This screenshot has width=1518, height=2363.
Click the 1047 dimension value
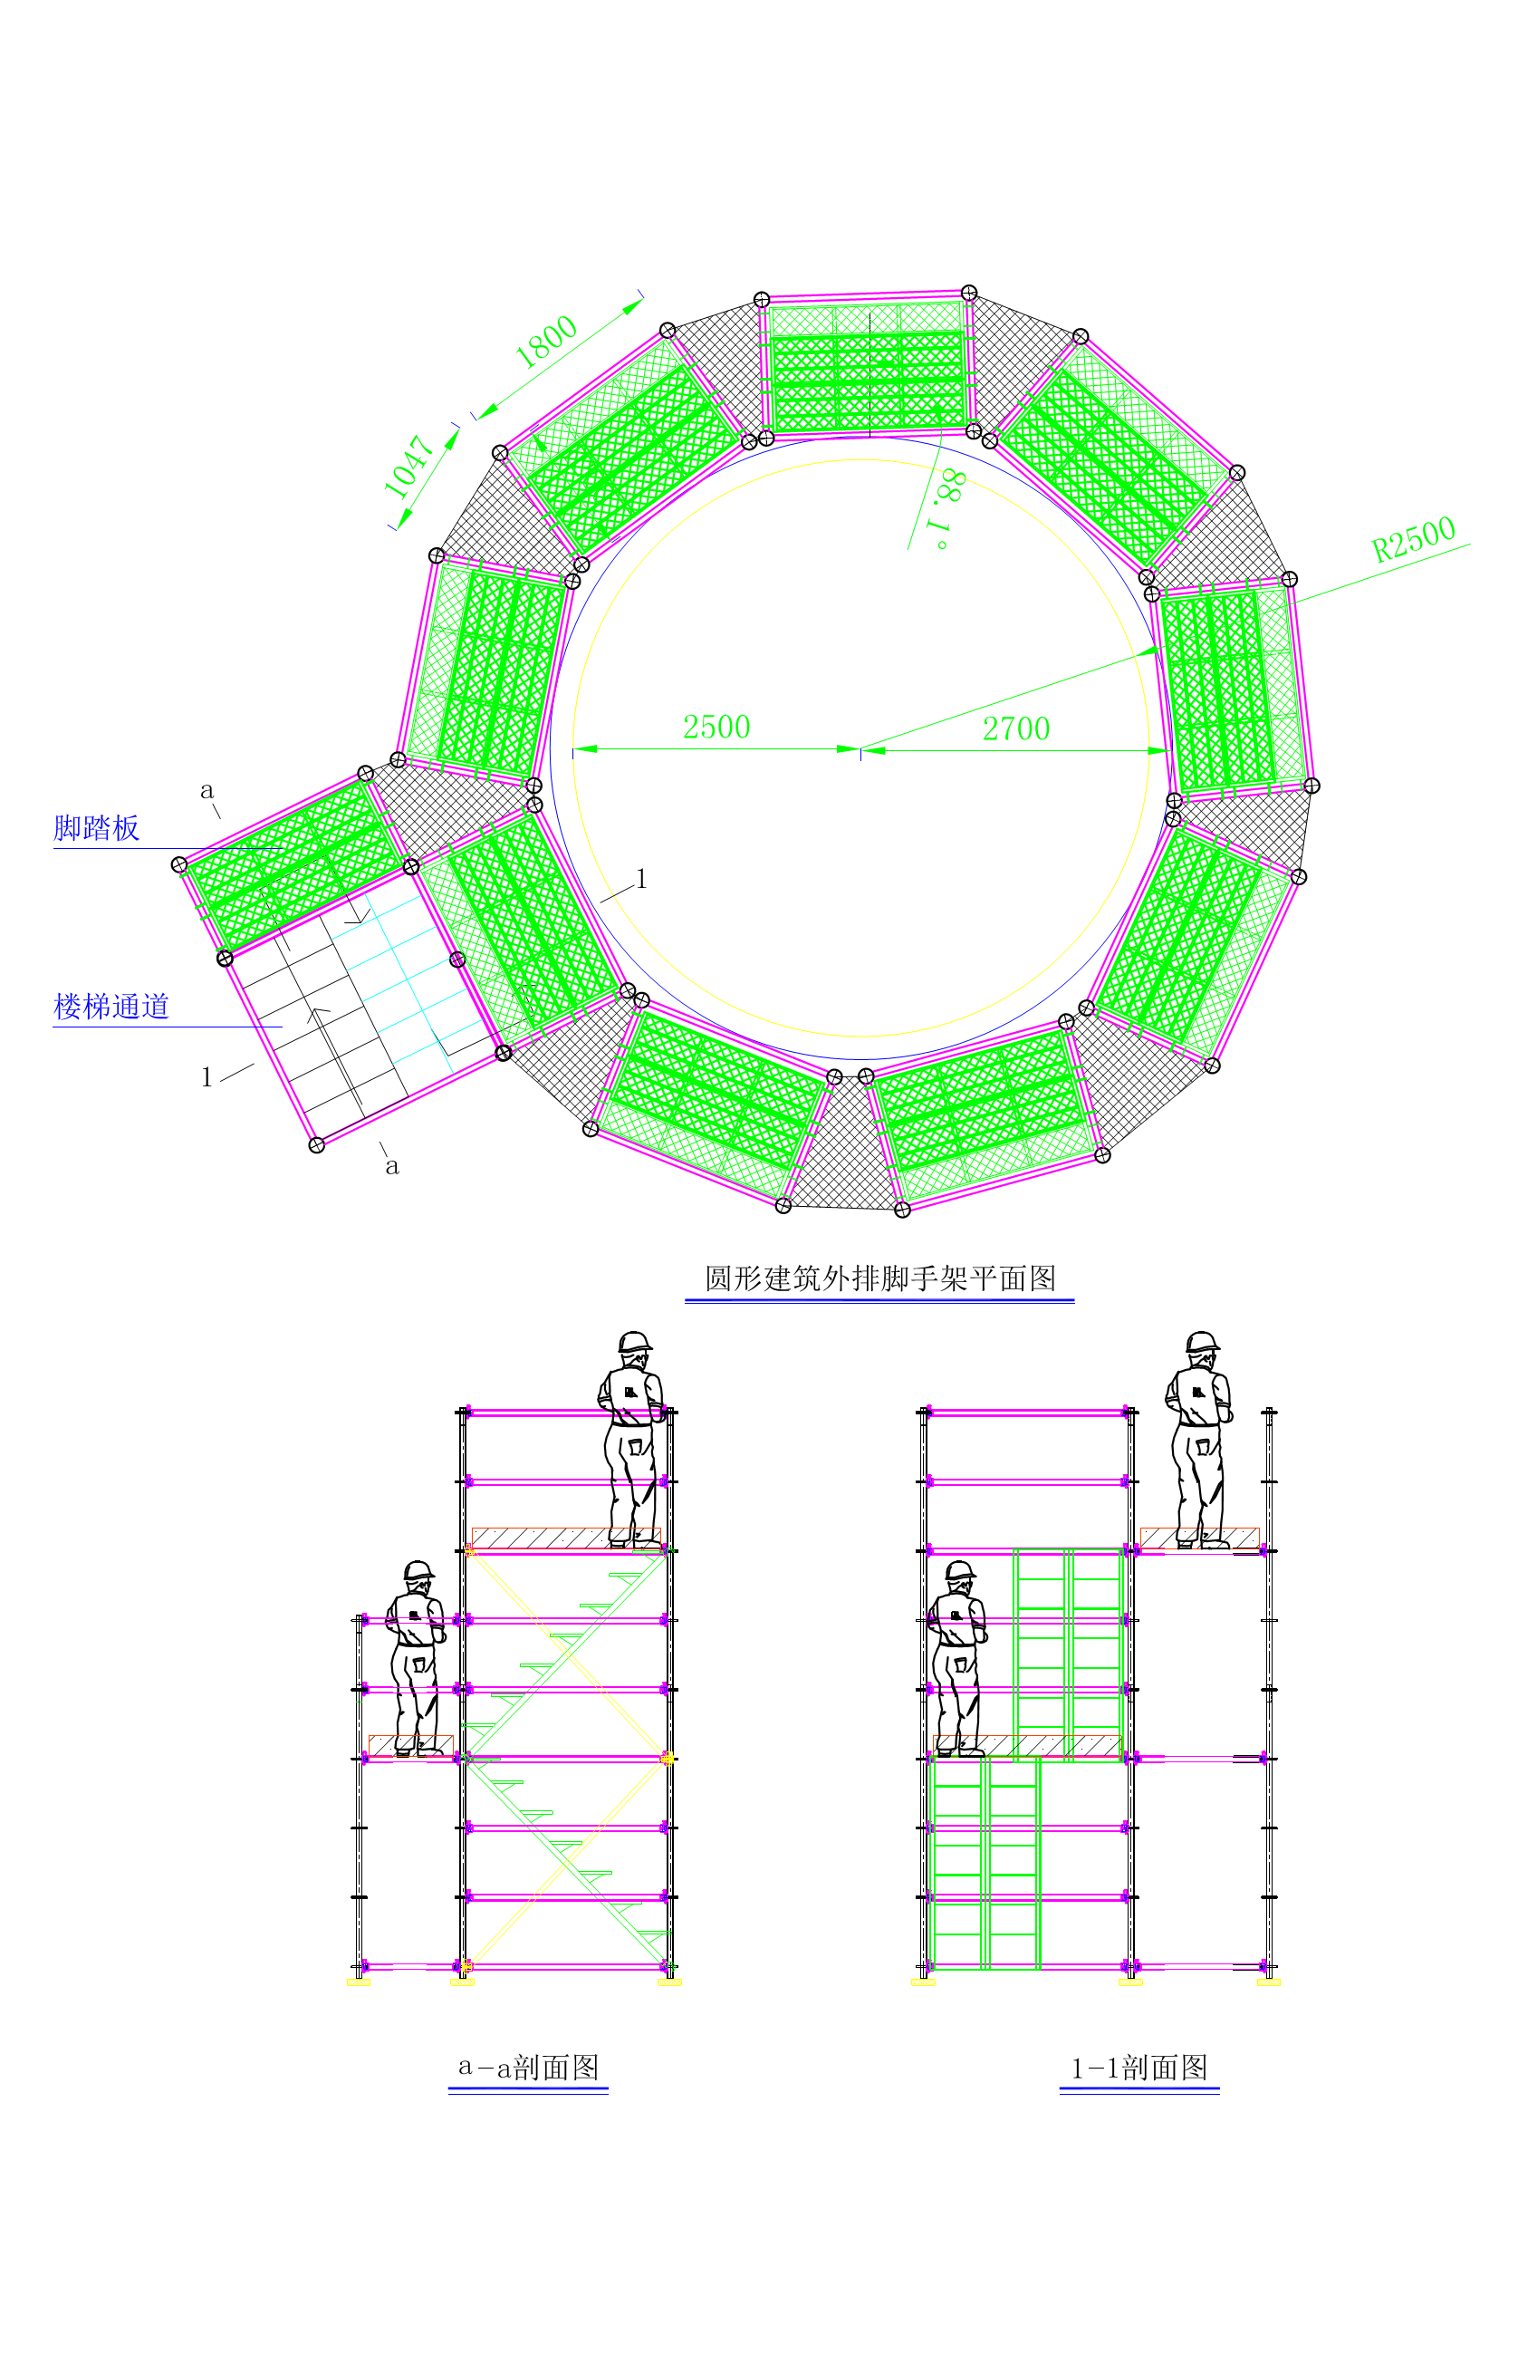pos(408,467)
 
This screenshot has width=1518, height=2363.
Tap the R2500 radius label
pos(1414,539)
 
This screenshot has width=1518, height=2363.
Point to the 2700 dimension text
pos(1016,728)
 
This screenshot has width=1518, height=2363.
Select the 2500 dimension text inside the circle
pos(716,727)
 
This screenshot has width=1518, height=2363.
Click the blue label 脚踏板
pos(97,828)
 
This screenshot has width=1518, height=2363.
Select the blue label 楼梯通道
pos(111,1007)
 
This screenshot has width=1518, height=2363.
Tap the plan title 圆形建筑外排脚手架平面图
pos(880,1278)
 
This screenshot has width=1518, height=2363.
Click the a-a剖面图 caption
pos(528,2068)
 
